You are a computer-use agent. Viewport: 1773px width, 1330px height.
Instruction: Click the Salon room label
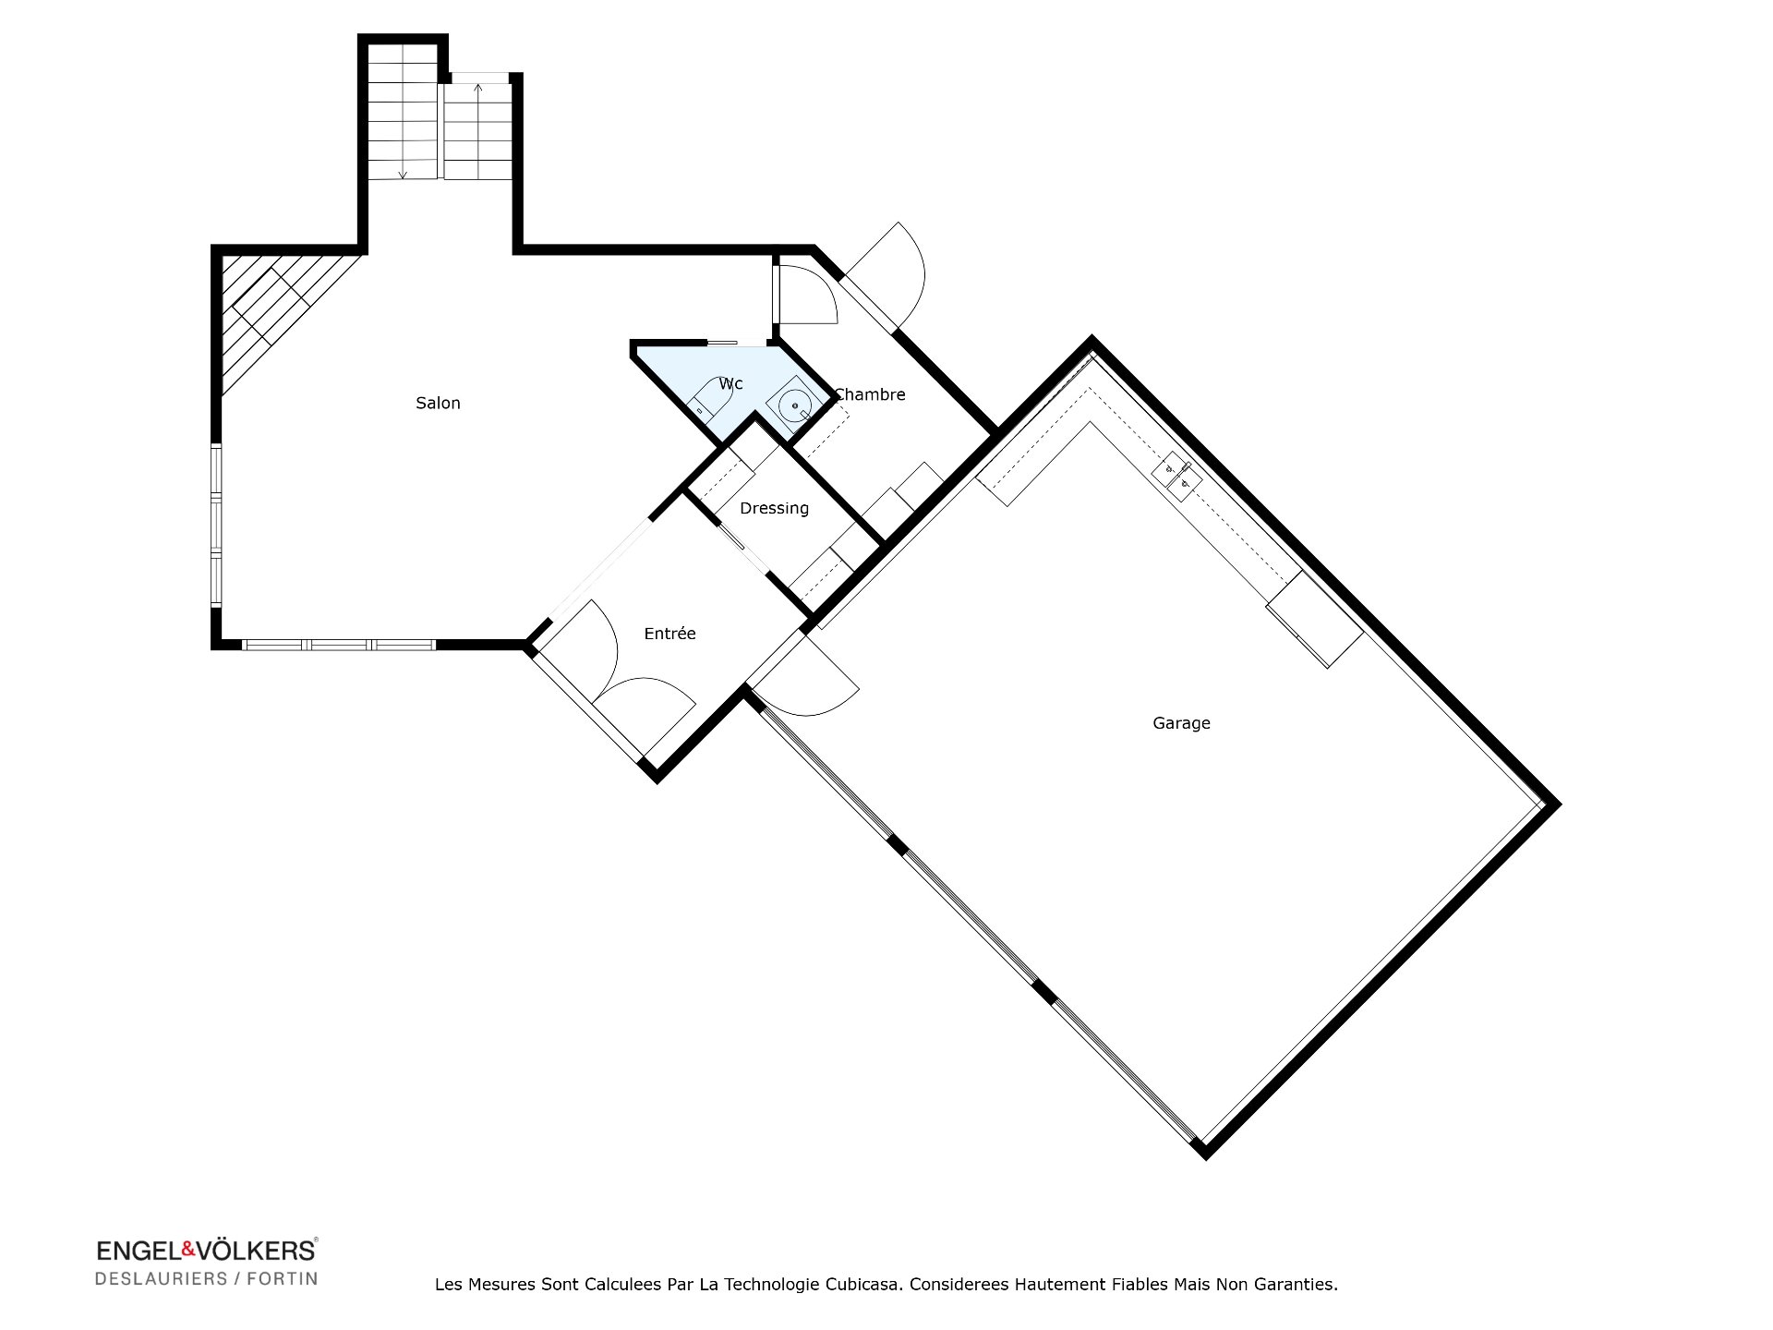click(x=438, y=403)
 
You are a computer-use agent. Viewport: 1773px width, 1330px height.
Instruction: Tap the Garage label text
click(x=1181, y=723)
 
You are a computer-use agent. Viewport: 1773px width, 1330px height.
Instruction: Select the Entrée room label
click(x=669, y=634)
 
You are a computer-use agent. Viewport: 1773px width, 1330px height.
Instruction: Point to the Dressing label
click(x=774, y=508)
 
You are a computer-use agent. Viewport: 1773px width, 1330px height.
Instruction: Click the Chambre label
click(x=870, y=394)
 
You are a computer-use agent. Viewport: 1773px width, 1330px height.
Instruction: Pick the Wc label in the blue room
click(x=730, y=383)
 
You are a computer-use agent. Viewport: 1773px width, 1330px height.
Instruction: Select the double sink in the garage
click(x=1177, y=476)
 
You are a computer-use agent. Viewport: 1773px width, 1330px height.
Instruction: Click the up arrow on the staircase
click(x=477, y=90)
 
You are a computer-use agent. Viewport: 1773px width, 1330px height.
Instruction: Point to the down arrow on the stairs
click(x=403, y=174)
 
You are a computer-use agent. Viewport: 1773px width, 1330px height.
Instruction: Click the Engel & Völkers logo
click(x=207, y=1251)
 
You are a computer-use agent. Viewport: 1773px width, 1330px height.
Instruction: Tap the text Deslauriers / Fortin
click(x=207, y=1279)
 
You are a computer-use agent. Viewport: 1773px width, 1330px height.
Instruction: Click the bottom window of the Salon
click(x=339, y=645)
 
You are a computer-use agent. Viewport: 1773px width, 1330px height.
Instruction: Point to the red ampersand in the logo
click(x=187, y=1250)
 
